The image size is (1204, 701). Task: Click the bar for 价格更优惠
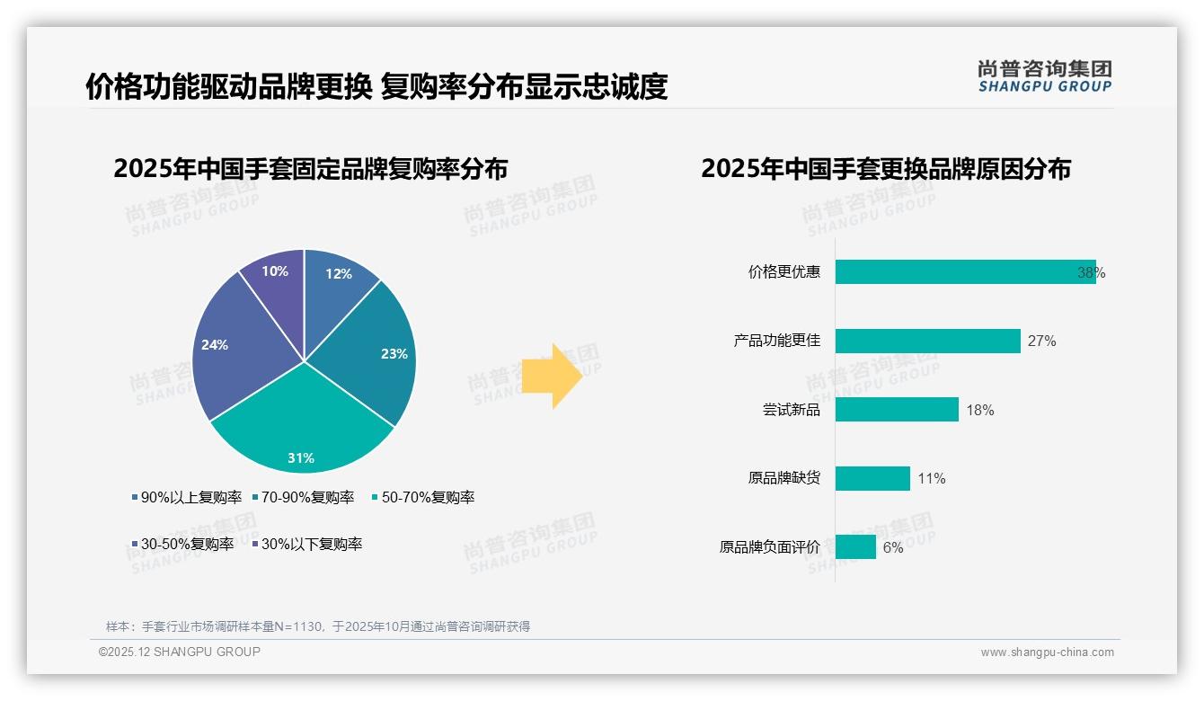[964, 272]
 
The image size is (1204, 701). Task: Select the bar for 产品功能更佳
[927, 341]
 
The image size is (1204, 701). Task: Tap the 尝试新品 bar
[897, 410]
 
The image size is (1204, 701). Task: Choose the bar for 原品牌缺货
[872, 478]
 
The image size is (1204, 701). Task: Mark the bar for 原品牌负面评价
[855, 546]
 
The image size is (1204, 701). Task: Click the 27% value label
[1042, 342]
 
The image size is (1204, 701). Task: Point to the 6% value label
[893, 547]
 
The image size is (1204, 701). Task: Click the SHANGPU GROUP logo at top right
[1044, 76]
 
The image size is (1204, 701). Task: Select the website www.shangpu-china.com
[1047, 652]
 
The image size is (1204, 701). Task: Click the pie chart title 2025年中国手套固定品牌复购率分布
[311, 169]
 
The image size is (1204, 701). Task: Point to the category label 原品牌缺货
[783, 478]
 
